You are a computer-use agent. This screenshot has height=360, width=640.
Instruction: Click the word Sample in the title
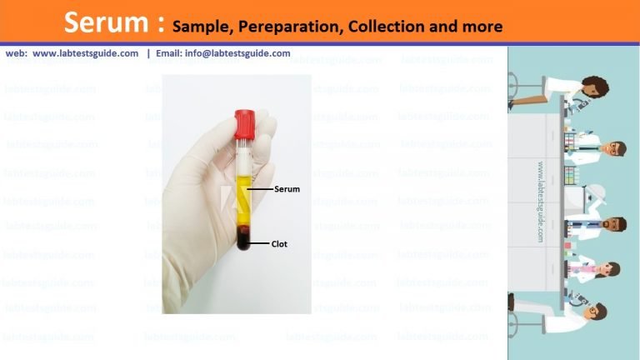[201, 27]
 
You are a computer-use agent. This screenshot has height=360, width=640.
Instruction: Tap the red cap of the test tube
[247, 122]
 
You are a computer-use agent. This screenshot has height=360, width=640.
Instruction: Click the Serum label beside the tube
[287, 190]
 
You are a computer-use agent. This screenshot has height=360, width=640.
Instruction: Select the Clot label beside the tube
[280, 244]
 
